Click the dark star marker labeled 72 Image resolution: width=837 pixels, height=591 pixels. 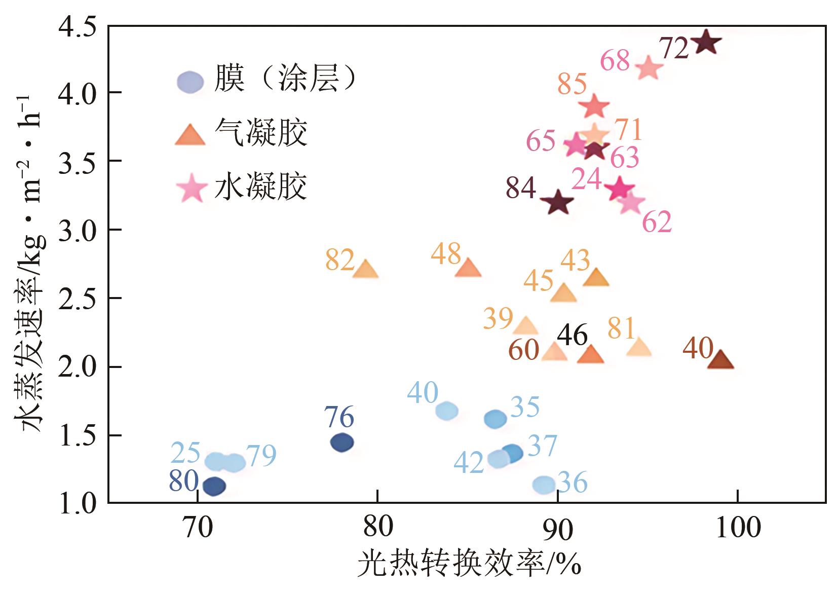(x=706, y=43)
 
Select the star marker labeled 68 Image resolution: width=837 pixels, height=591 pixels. (x=649, y=68)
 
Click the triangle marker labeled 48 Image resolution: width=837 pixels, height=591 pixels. (x=468, y=268)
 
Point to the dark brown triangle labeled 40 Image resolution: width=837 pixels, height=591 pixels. (x=720, y=360)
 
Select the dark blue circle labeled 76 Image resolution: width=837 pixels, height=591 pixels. (x=342, y=442)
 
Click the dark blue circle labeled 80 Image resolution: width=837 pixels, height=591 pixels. (x=214, y=486)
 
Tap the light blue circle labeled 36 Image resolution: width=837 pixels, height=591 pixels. (x=544, y=485)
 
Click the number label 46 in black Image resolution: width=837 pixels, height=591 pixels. (x=572, y=335)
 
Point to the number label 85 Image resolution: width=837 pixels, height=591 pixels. (x=572, y=84)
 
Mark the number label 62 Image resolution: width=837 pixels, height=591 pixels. (x=657, y=221)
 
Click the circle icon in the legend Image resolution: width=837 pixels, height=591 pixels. (x=190, y=82)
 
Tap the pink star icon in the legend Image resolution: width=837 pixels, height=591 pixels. (x=192, y=188)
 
